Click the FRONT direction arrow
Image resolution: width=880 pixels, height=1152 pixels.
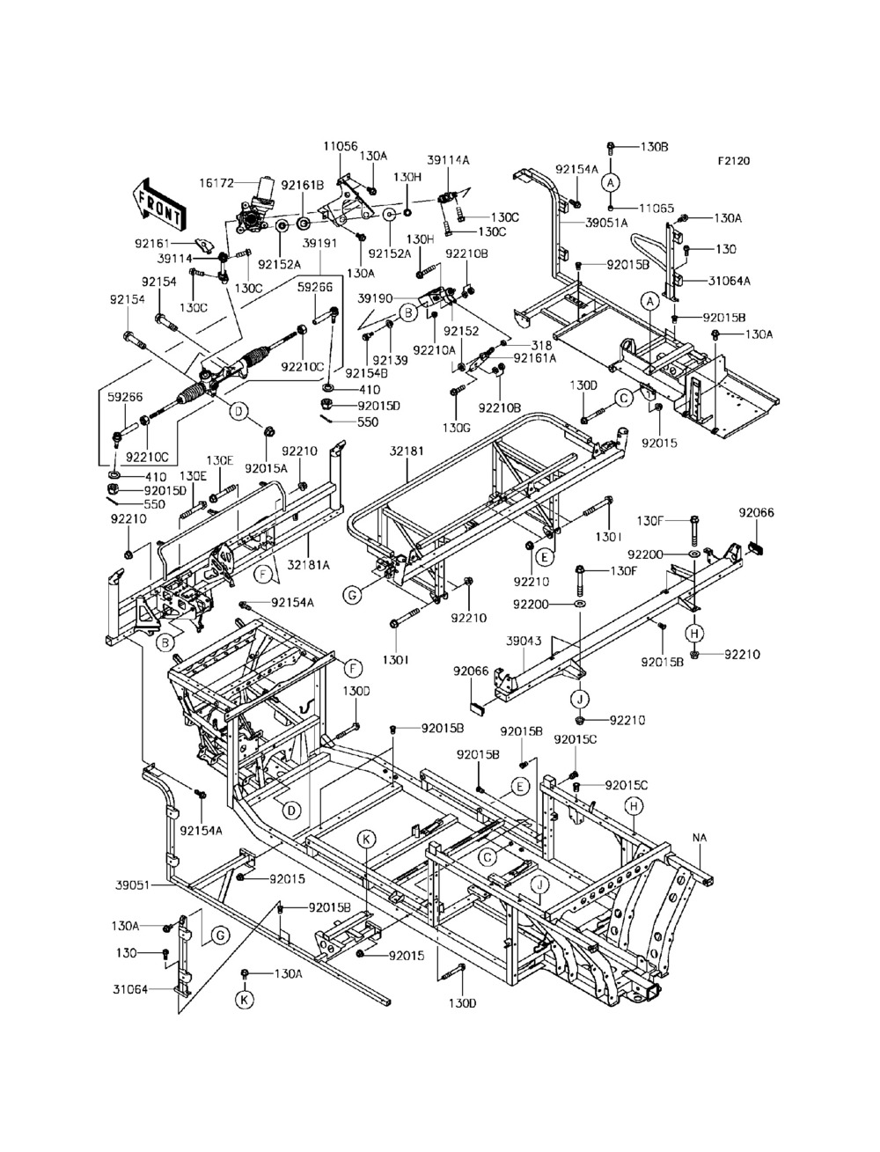coord(159,206)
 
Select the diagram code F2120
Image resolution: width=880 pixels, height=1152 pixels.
coord(734,161)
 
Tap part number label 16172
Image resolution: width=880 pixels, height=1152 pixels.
coord(216,183)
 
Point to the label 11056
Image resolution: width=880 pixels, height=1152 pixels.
coord(340,146)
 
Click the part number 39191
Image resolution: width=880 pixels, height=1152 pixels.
coord(319,244)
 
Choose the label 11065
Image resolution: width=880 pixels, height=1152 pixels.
coord(656,209)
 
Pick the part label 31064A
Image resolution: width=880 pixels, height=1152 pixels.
coord(730,281)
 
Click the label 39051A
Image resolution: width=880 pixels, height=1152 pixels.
coord(606,223)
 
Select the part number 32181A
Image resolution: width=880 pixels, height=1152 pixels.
coord(309,565)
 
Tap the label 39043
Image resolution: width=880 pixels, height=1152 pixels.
coord(524,642)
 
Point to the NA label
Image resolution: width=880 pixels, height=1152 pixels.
coord(700,838)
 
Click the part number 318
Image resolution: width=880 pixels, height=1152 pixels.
coord(541,345)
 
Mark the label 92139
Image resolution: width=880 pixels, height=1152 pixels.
coord(390,361)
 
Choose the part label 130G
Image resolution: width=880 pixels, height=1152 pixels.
coord(456,428)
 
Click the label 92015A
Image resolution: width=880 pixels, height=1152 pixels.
coord(266,468)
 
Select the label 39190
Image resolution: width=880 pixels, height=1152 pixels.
coord(375,298)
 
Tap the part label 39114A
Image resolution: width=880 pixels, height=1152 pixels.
coord(448,161)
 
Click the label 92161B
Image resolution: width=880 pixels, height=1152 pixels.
coord(303,186)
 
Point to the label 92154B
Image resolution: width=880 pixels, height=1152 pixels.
coord(367,373)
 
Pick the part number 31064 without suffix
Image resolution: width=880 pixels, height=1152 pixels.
coord(130,989)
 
